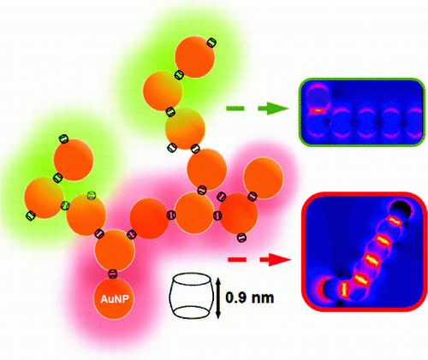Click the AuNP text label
tap(115, 299)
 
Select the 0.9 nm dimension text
tap(250, 298)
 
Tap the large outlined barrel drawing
tap(192, 296)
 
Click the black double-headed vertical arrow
tap(218, 298)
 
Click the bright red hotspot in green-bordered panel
tap(319, 110)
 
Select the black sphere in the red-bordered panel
tap(401, 210)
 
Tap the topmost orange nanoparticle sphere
tap(194, 57)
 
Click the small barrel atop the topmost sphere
tap(211, 43)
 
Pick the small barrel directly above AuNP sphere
tap(113, 274)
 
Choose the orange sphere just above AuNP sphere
tap(115, 251)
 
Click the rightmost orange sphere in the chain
tap(264, 179)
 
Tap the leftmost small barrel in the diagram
tap(31, 215)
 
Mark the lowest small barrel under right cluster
tap(241, 238)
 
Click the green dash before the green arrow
tap(235, 109)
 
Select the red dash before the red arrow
tap(237, 260)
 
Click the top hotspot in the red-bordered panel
tap(394, 221)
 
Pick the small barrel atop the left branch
tap(64, 139)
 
